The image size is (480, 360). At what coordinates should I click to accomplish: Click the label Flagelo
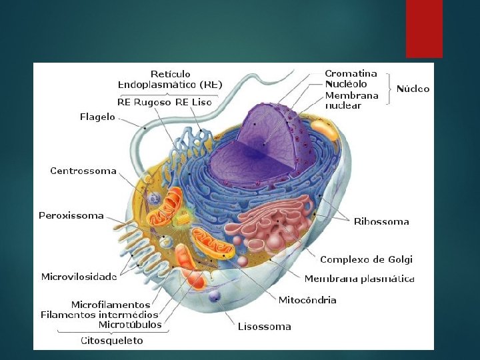click(x=97, y=117)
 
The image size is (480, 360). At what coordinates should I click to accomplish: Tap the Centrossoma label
click(x=83, y=171)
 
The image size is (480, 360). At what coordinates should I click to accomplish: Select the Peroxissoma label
click(x=71, y=215)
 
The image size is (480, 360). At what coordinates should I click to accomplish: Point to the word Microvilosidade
click(x=79, y=277)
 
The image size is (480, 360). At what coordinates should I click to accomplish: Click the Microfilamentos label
click(x=111, y=305)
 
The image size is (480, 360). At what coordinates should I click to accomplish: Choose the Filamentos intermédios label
click(x=99, y=315)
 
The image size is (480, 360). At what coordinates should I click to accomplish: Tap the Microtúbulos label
click(x=130, y=325)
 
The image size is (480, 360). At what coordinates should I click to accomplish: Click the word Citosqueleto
click(x=112, y=341)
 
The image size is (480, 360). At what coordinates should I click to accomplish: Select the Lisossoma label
click(x=265, y=327)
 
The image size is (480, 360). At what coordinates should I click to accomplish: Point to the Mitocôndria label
click(x=307, y=300)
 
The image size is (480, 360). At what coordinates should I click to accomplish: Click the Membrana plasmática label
click(x=359, y=279)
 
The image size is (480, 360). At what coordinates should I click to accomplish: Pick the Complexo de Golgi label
click(x=366, y=259)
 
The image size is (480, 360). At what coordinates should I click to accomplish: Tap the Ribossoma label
click(x=381, y=221)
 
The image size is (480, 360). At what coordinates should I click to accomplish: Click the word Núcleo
click(x=413, y=89)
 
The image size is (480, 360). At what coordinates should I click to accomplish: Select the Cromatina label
click(x=351, y=73)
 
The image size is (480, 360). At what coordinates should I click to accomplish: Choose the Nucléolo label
click(x=346, y=84)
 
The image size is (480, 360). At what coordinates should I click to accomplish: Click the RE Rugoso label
click(x=144, y=102)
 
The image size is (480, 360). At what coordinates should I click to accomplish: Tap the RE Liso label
click(x=193, y=102)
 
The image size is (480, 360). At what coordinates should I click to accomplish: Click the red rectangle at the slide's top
click(x=424, y=28)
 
